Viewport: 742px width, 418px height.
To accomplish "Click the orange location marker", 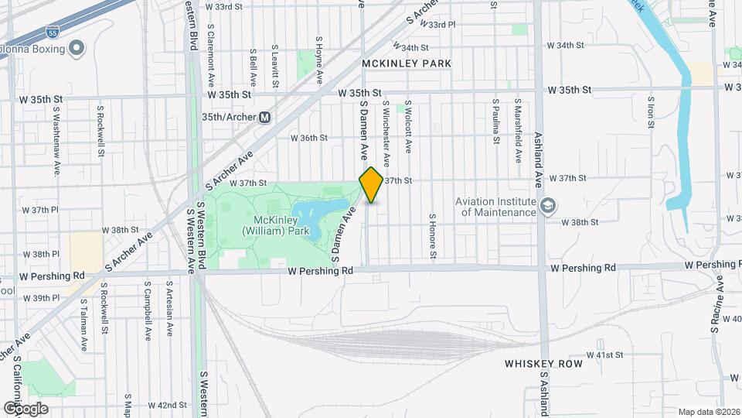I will [x=371, y=184].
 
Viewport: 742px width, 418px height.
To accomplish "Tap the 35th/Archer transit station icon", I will [x=265, y=117].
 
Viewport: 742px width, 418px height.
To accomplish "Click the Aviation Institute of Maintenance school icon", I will [x=548, y=205].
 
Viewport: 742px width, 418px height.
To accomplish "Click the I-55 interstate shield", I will [x=51, y=32].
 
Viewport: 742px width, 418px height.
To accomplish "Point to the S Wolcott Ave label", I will [x=407, y=125].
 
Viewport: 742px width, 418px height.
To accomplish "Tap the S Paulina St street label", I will [x=495, y=122].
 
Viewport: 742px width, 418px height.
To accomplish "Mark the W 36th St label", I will [x=309, y=139].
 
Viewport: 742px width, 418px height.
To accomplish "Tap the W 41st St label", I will [x=604, y=355].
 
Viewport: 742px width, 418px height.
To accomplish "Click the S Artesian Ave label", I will [x=168, y=309].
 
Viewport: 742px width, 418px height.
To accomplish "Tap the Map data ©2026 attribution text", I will [x=709, y=412].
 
